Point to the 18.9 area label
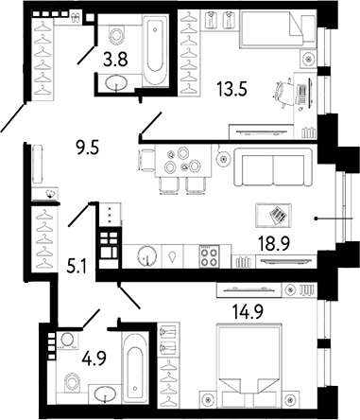click(273, 243)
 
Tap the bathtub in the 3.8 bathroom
click(154, 44)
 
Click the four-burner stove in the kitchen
click(212, 255)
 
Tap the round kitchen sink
click(149, 255)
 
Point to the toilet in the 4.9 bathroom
click(70, 381)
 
